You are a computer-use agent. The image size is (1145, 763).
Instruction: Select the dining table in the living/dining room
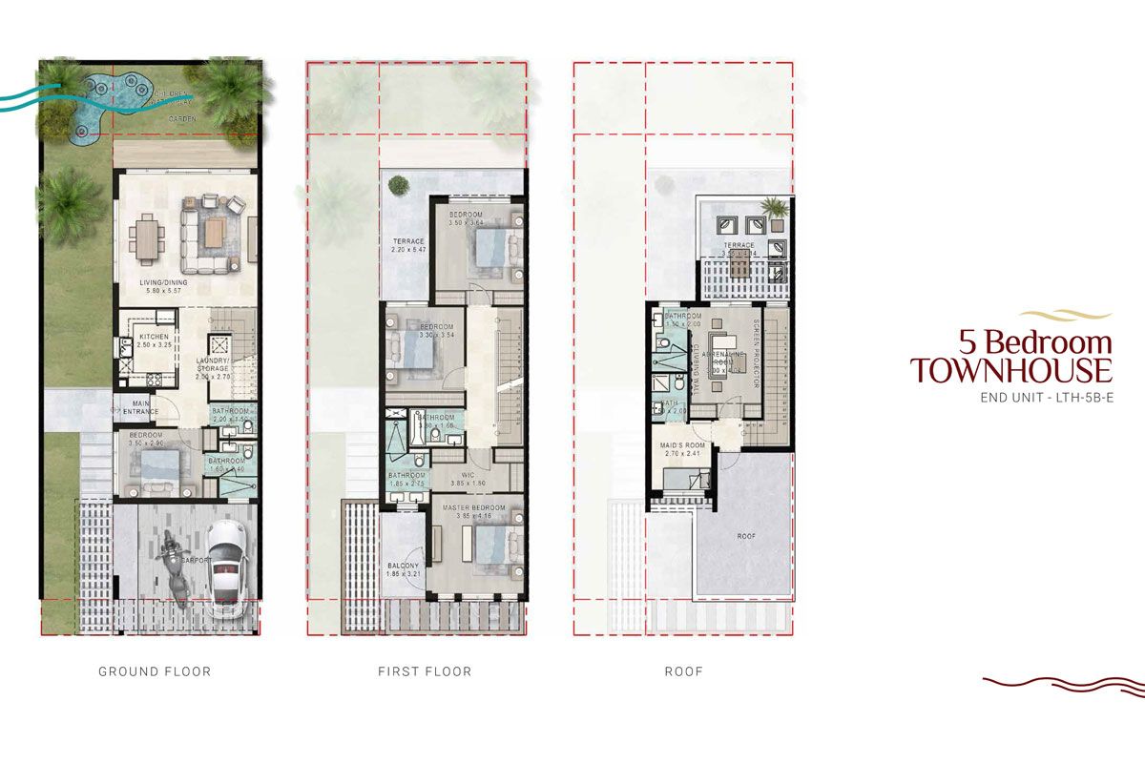(x=145, y=236)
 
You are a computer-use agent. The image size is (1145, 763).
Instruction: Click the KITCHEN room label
(x=155, y=338)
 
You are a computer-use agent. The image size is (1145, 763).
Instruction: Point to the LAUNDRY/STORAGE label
(x=214, y=363)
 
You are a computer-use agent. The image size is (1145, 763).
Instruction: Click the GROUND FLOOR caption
(x=155, y=671)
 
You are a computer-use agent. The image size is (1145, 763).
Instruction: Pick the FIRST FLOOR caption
(x=425, y=671)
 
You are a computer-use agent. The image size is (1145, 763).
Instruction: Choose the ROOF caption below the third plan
(x=683, y=671)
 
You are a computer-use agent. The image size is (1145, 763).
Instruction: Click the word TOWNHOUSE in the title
(x=1010, y=370)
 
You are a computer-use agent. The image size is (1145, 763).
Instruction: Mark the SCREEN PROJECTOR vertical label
(x=756, y=352)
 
